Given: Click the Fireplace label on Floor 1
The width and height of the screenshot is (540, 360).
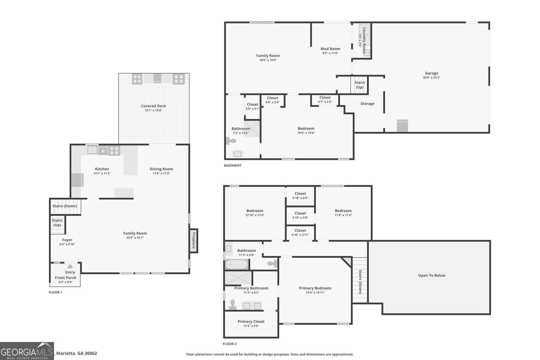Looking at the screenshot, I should coord(194,241).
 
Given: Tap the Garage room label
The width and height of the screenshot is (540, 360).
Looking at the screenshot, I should coord(431,73).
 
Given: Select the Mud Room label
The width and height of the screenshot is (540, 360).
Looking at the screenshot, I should coord(330,49).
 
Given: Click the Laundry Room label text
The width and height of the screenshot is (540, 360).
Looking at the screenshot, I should coord(364,40).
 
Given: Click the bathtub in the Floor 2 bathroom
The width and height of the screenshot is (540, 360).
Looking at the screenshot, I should coord(237,264).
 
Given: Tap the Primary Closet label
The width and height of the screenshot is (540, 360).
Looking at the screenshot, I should coord(251,322).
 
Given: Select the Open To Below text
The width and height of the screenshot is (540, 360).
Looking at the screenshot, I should coord(432,275).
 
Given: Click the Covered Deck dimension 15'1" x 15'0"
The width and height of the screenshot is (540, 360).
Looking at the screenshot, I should coord(154,110).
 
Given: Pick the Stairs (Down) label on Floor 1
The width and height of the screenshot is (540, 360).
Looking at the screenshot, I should coord(64,206).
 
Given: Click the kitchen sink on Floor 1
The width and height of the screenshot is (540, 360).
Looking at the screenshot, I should coord(92,150).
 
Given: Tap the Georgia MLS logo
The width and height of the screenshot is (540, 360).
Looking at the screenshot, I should coord(27,351).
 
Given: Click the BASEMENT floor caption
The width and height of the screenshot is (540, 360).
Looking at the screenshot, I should coord(233,165).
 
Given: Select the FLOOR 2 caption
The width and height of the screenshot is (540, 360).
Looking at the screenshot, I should coord(230,344).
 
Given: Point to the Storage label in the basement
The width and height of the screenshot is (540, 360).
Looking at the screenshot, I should coord(367,104).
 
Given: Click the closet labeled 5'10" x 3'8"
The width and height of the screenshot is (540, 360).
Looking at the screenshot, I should coord(300,215).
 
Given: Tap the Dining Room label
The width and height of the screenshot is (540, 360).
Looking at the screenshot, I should coord(161,169).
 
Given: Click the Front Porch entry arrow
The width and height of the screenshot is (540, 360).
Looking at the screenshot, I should coord(70,266).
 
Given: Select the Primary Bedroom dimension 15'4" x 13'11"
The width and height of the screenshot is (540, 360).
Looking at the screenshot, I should coord(315,293).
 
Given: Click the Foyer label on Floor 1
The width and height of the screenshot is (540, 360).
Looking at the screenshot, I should coord(67,240).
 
